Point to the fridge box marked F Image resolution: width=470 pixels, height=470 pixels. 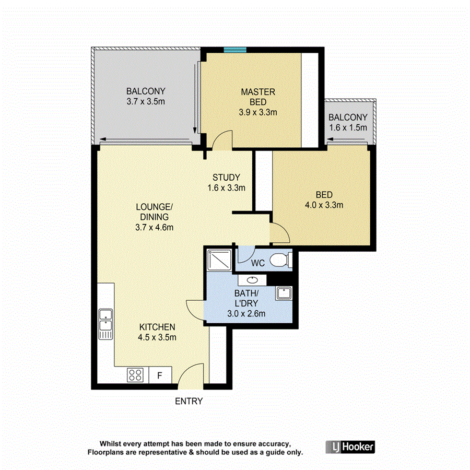coord(160,375)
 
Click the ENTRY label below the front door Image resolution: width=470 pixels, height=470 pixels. coord(189,402)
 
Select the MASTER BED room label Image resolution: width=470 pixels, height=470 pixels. coord(258,97)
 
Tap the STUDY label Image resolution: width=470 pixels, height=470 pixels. coord(226,177)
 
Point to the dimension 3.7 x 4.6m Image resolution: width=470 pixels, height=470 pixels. coord(154,227)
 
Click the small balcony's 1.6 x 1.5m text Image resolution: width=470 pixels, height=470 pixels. coord(348,127)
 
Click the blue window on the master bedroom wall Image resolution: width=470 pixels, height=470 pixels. coord(235,50)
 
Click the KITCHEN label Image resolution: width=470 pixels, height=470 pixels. coord(157,327)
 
